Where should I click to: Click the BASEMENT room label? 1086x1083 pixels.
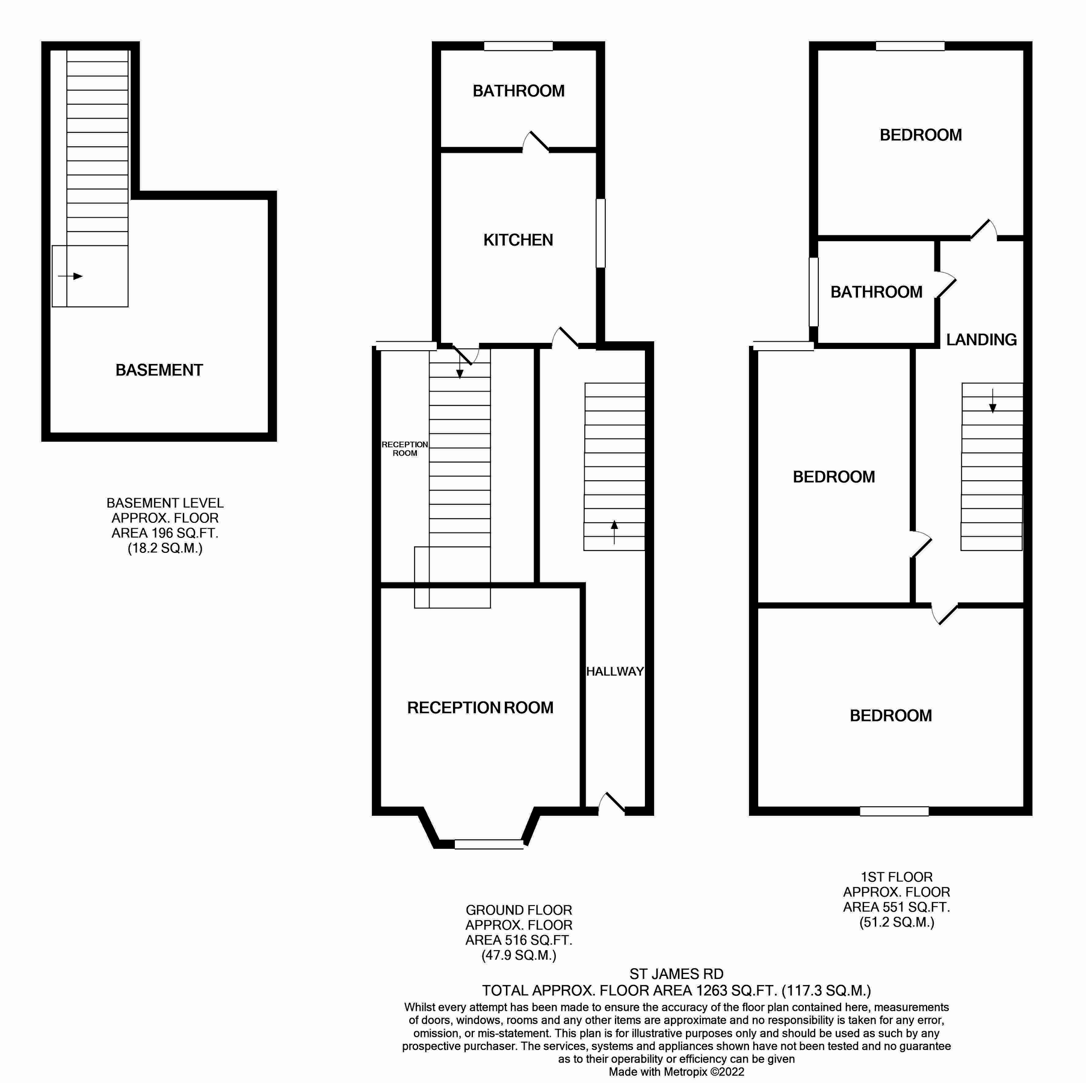159,370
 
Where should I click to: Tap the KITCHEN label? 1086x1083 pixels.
518,240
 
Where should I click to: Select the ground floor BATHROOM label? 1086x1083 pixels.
518,91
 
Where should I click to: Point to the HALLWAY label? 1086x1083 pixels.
615,671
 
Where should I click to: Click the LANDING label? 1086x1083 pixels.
981,340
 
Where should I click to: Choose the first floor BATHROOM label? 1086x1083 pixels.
876,292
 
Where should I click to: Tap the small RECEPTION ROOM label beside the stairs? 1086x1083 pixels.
405,449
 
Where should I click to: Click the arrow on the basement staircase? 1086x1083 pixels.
70,276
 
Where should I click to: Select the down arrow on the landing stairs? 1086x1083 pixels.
992,401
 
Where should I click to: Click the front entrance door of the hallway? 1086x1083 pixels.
612,805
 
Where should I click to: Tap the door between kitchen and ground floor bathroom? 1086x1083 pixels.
535,143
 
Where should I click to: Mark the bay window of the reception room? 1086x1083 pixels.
489,844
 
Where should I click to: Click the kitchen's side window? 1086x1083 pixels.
600,233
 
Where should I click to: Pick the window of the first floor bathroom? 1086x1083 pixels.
813,292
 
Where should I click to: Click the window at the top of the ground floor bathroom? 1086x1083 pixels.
518,46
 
